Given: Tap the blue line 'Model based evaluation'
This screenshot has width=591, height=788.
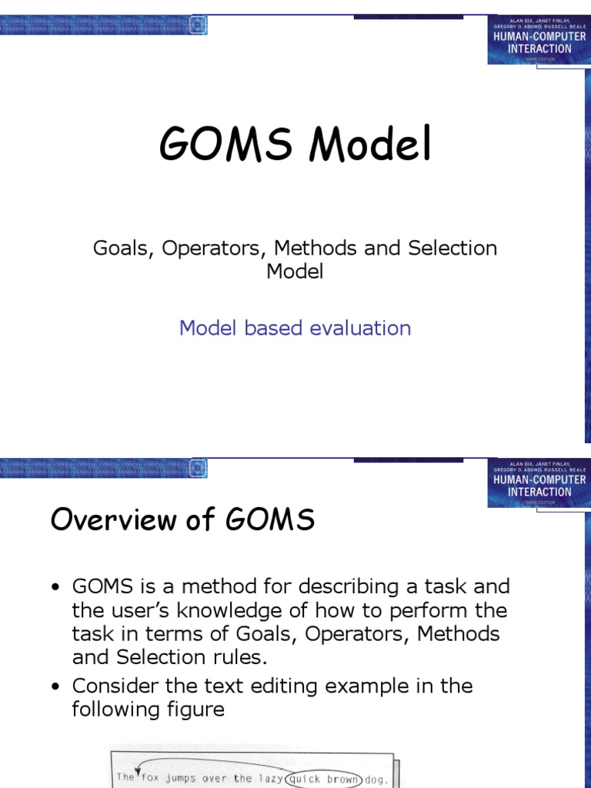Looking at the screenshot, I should tap(295, 328).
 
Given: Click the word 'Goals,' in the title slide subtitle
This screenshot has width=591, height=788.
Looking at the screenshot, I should tap(124, 249).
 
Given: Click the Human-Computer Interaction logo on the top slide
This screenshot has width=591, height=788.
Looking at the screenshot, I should tap(538, 38).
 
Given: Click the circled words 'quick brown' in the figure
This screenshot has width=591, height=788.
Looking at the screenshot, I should tap(324, 777).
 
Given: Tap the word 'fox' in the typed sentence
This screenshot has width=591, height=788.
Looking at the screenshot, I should tap(152, 777).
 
